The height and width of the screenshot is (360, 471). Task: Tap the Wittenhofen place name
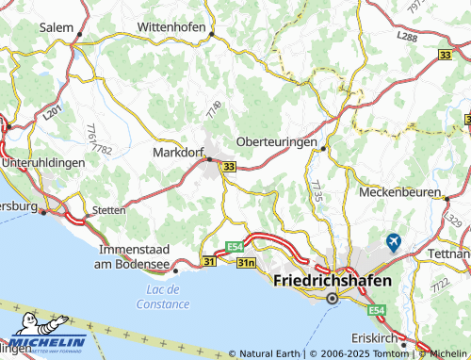pos(171,26)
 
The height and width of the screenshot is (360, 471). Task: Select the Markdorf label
pos(175,151)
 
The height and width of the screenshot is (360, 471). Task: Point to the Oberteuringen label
pos(274,140)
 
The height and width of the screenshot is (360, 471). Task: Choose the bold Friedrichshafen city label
pos(332,280)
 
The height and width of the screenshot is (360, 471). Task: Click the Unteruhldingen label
pos(43,162)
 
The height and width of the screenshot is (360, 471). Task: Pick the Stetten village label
pos(108,210)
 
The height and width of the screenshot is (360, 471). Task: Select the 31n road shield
pos(247,261)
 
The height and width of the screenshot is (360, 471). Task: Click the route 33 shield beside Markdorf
pos(229,168)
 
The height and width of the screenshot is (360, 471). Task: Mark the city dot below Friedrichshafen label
pos(332,299)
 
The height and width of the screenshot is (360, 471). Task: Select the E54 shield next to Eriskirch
pos(378,310)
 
